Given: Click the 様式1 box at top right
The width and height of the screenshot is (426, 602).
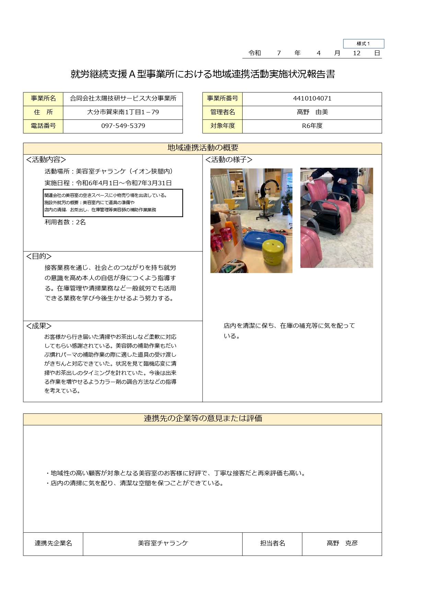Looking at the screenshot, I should pos(363,44).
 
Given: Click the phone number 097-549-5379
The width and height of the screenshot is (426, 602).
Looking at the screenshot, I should pos(123,126).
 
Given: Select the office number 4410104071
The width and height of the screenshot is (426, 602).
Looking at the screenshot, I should pos(312,98).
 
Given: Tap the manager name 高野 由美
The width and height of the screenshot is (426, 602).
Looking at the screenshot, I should pos(312,112).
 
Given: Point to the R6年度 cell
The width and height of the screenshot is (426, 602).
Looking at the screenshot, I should pos(312,126).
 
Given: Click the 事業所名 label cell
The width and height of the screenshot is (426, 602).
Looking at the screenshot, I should pos(43,98).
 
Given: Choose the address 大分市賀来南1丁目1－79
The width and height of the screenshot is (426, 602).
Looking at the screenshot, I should pos(123,112).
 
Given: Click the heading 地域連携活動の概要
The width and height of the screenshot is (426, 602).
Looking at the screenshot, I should pos(203,148).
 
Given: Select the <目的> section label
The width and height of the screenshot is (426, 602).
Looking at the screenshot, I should pos(39,256).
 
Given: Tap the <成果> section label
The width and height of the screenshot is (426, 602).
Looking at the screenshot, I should pos(39,326).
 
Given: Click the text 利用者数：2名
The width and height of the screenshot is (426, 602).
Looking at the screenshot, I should pos(65,222).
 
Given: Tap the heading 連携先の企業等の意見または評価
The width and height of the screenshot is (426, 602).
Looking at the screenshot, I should pos(203,418).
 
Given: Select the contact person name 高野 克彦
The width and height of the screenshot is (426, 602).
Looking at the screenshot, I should pos(342,543).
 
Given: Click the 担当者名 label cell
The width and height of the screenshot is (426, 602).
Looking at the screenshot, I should pos(272,543).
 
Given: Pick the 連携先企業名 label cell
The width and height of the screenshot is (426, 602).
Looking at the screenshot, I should pos(53,543).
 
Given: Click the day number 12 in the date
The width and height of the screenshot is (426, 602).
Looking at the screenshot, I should pos(357,53).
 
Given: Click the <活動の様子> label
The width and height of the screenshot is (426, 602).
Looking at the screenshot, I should pos(229,160).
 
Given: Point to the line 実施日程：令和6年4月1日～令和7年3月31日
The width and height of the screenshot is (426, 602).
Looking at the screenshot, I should pos(108,183).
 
